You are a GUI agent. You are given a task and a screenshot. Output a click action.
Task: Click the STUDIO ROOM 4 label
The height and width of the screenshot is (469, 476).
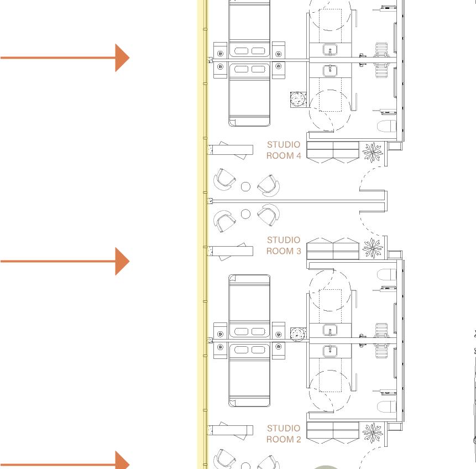point(284,150)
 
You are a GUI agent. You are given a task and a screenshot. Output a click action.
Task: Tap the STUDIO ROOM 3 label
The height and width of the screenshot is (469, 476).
point(284,245)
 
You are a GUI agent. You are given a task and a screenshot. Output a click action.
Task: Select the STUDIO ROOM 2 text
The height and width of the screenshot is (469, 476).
point(284,434)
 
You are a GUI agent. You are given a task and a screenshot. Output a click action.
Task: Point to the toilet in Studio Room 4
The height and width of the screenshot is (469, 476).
point(387,126)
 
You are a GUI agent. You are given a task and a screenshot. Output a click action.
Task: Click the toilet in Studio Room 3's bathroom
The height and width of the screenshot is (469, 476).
point(387,275)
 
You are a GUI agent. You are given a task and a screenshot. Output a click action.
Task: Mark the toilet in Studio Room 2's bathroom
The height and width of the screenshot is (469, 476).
point(387,407)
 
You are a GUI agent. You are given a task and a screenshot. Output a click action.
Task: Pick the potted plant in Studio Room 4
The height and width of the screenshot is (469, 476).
point(372,151)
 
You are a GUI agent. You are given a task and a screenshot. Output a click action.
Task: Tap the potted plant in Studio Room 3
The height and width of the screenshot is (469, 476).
point(372,248)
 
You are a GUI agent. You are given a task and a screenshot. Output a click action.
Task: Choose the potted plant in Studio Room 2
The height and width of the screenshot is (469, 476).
point(372,433)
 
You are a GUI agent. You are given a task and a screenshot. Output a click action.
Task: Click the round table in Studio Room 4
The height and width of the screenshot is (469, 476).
point(246,186)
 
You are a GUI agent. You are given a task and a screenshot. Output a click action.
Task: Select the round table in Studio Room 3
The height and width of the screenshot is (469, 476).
point(246,213)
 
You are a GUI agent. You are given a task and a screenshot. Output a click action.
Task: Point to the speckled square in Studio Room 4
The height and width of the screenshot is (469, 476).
point(298,100)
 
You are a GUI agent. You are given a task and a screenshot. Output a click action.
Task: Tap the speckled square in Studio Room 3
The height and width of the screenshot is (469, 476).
point(298,334)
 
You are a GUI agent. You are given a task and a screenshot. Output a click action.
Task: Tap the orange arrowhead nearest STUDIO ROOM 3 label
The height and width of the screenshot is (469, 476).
point(122,260)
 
